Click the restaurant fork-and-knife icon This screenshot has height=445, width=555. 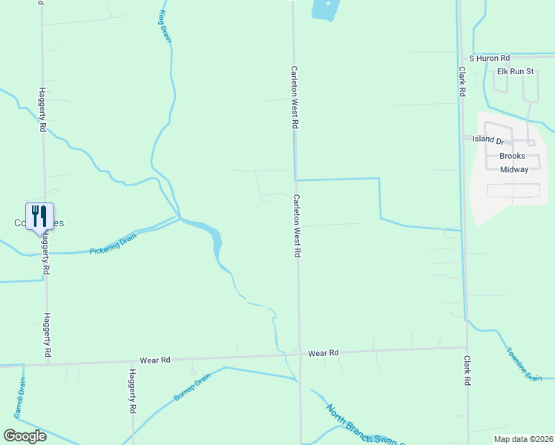pos(39,217)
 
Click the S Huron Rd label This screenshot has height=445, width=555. pos(489,58)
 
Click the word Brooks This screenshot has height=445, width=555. pos(512,156)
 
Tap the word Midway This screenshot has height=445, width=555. pos(513,169)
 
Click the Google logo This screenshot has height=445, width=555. pos(24,435)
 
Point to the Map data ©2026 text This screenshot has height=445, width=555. pos(523,439)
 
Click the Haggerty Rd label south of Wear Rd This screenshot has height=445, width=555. pos(133,391)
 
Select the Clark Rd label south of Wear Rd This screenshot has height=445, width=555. pos(467,369)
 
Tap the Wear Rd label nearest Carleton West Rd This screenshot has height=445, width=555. pos(324,353)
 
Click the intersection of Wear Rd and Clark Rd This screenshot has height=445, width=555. pos(467,347)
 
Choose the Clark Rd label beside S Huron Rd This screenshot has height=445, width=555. pos(462,82)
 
